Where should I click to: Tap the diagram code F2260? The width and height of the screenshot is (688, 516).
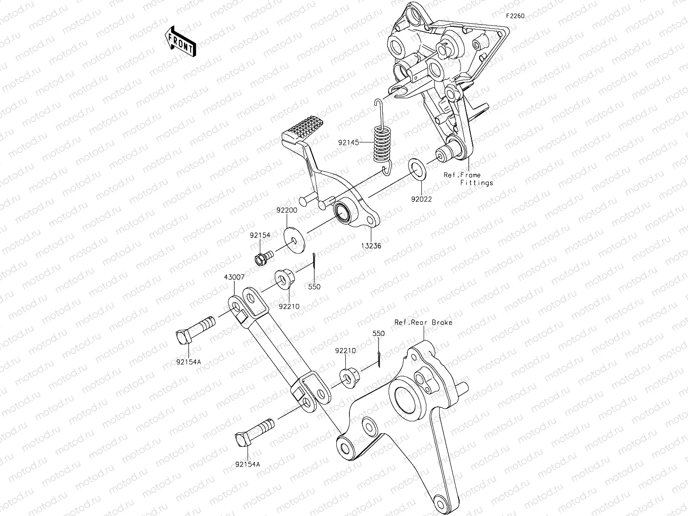click(x=515, y=16)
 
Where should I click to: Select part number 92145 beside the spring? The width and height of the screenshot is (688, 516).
click(x=349, y=142)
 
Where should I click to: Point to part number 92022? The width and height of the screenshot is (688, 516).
click(x=421, y=198)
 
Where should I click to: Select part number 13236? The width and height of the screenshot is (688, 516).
click(x=371, y=246)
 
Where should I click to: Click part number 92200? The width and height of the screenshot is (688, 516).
click(x=287, y=211)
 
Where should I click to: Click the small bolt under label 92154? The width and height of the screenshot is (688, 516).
click(x=262, y=258)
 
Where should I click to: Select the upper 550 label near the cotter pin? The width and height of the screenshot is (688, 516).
click(x=314, y=287)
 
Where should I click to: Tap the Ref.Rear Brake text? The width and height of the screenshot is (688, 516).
click(x=423, y=322)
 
